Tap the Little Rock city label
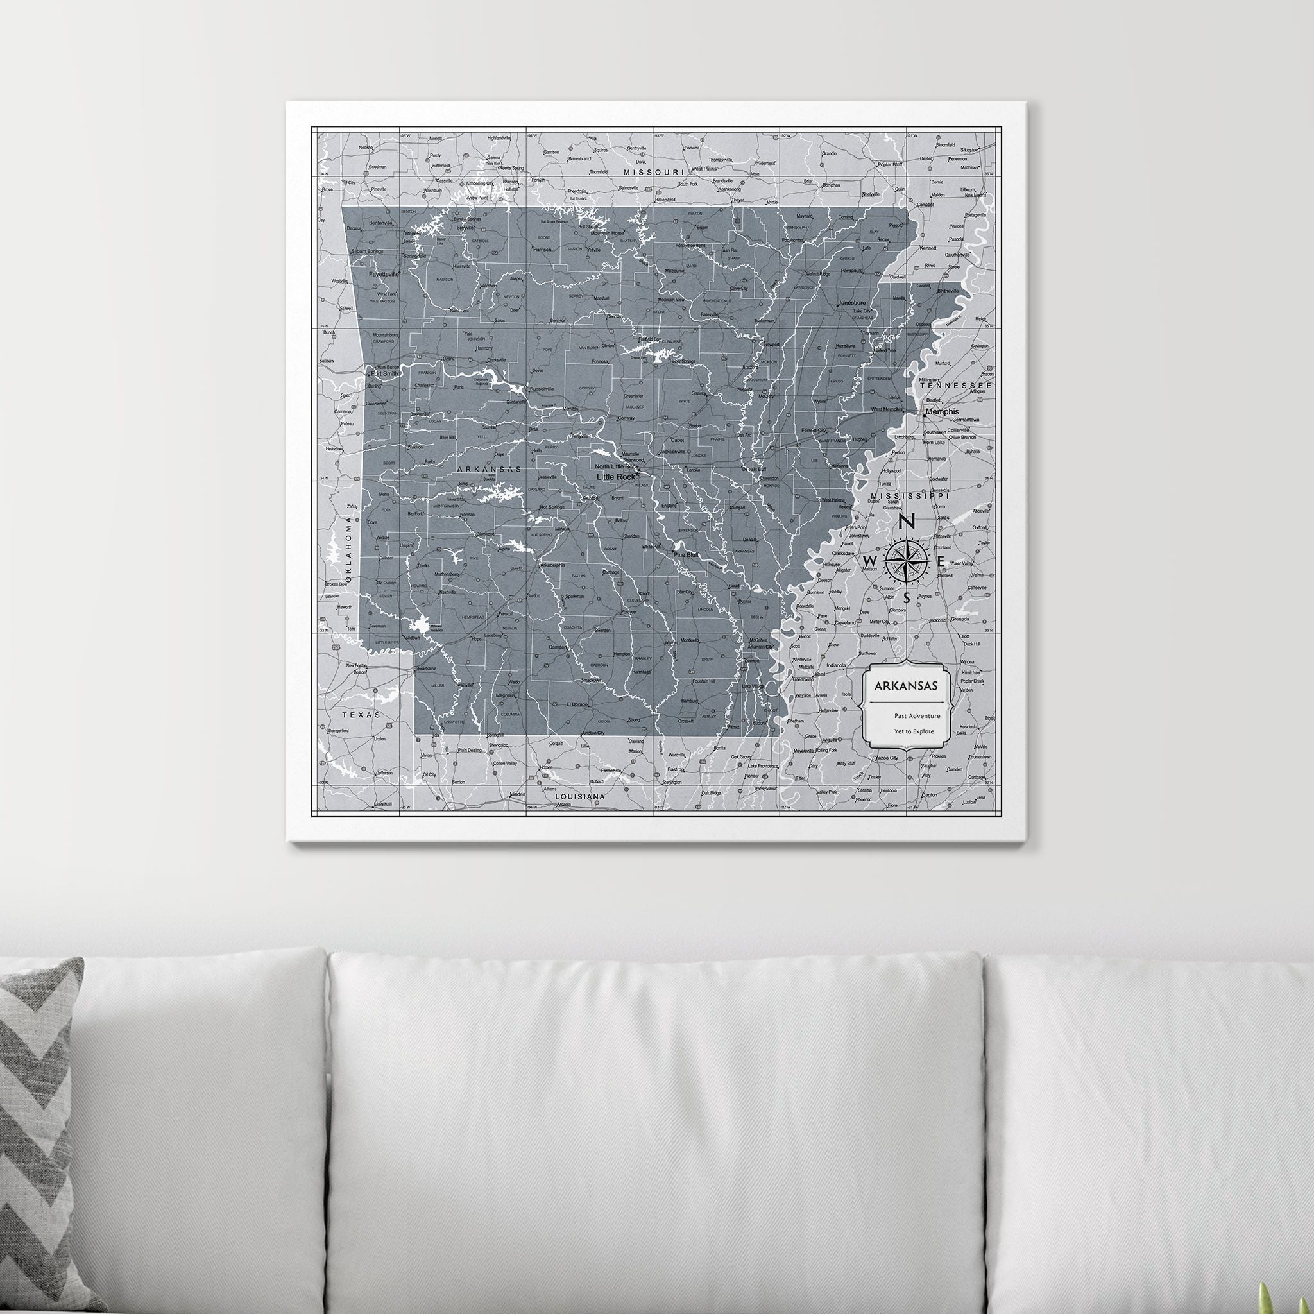coord(615,477)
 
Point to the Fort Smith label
coord(384,373)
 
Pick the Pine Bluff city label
coord(686,555)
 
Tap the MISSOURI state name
coord(654,173)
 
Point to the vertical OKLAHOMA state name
coord(349,548)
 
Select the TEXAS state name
coord(362,715)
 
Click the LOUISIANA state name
coord(580,796)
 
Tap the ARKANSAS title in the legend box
coord(906,686)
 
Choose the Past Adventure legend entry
coord(917,715)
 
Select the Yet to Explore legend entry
coord(914,732)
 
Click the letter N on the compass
coord(906,522)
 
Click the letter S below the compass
coord(907,599)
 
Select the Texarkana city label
coord(427,669)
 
